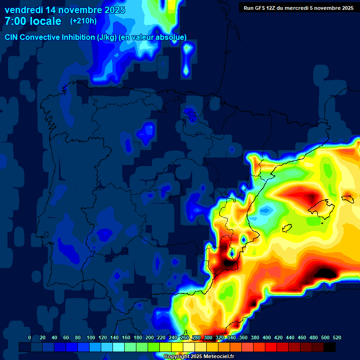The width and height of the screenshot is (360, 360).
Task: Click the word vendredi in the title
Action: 24,9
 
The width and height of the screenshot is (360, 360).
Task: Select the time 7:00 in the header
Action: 15,21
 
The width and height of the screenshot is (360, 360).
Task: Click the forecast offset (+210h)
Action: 83,21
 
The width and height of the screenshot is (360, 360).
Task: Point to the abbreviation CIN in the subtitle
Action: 12,37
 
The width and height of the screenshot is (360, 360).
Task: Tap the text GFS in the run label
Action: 260,7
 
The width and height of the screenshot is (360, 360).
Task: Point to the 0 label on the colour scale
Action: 30,337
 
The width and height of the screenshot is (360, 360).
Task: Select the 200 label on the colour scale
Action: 149,337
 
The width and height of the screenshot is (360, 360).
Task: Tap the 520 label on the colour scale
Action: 337,337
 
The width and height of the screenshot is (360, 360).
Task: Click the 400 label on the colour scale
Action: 266,337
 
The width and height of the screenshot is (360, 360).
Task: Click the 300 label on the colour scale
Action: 208,337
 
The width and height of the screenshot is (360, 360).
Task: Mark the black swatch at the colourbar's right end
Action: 330,347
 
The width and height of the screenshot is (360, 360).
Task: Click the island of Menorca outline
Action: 347,198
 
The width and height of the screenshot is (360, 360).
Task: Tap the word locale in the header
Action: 46,21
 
